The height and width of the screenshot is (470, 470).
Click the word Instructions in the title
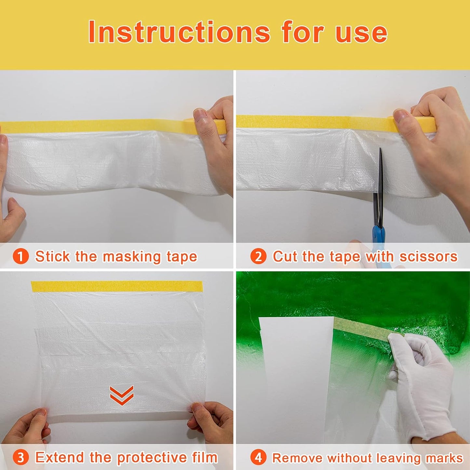coord(179,32)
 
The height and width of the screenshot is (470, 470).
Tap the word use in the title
coord(361,33)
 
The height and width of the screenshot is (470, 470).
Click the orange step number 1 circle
coord(20,256)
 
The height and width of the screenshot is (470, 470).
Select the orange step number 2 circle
coord(258,256)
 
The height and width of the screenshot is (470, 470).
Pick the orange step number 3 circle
coord(20,457)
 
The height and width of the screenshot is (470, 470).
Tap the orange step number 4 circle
coord(258,457)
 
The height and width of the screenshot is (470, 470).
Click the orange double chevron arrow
coord(121,395)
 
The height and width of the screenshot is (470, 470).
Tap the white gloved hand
coord(423,381)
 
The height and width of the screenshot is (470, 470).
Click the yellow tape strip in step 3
coord(117,287)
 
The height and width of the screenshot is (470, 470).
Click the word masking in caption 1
coord(132,256)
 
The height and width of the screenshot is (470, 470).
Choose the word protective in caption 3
coord(152,457)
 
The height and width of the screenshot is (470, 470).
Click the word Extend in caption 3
coord(60,457)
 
